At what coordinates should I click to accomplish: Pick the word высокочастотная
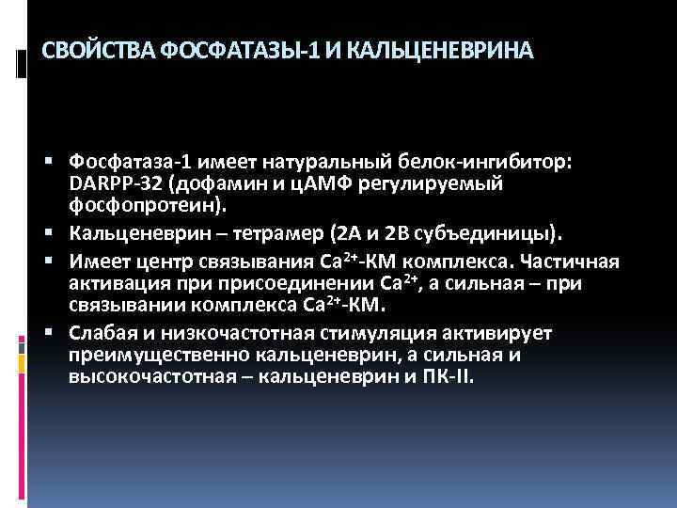143,377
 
